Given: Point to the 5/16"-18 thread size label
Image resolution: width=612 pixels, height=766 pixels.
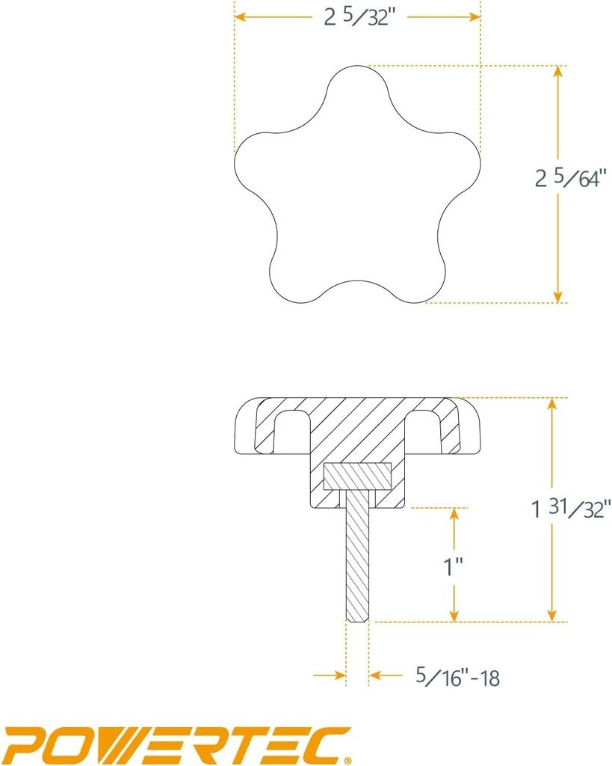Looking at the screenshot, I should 457,678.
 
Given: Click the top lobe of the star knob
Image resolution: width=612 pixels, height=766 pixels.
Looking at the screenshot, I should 357,86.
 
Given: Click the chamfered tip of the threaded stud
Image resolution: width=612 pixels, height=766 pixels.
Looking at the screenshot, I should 357,617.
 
